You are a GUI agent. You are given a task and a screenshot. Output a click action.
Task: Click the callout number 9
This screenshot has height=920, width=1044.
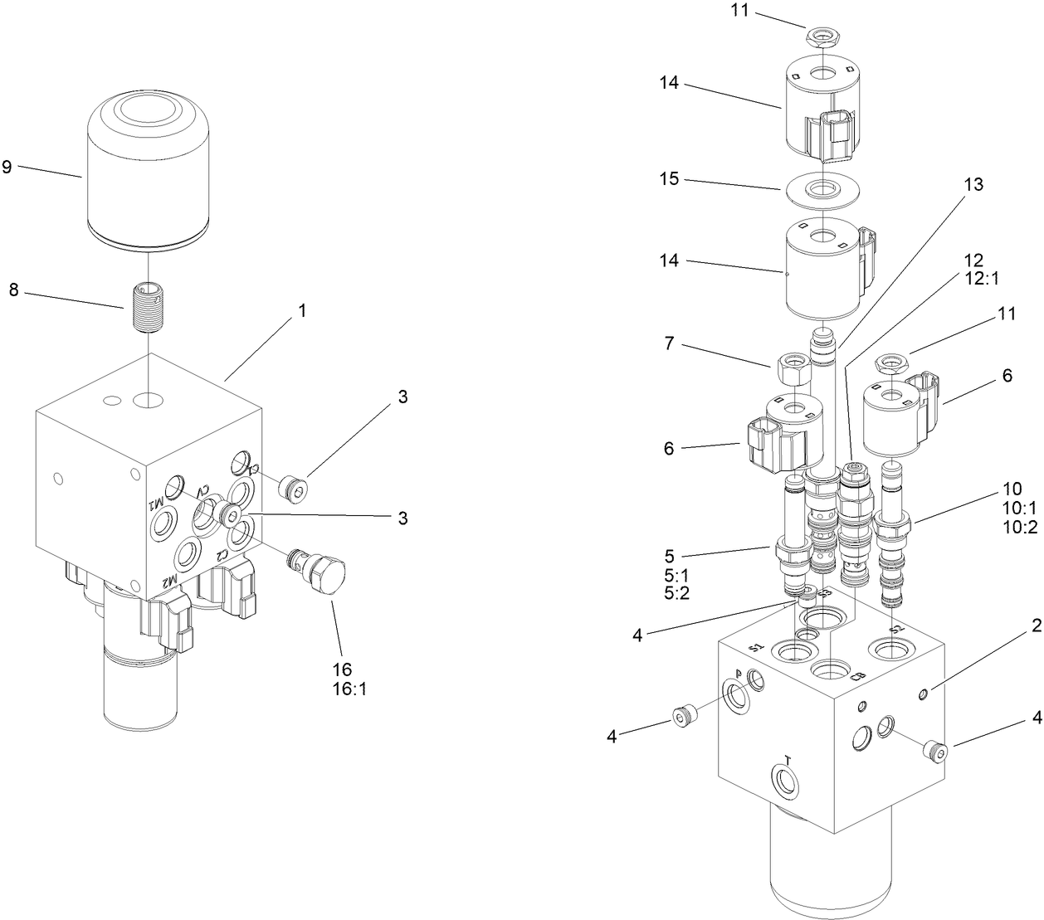(7, 167)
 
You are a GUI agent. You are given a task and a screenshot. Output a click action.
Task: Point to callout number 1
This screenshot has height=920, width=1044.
(303, 311)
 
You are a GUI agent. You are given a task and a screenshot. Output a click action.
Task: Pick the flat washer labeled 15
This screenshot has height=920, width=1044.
(818, 189)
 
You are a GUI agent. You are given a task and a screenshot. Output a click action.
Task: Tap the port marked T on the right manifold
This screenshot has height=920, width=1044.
(785, 777)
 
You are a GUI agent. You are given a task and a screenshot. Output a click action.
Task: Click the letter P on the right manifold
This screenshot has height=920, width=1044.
(738, 675)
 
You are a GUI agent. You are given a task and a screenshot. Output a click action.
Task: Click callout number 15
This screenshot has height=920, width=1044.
(670, 178)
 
